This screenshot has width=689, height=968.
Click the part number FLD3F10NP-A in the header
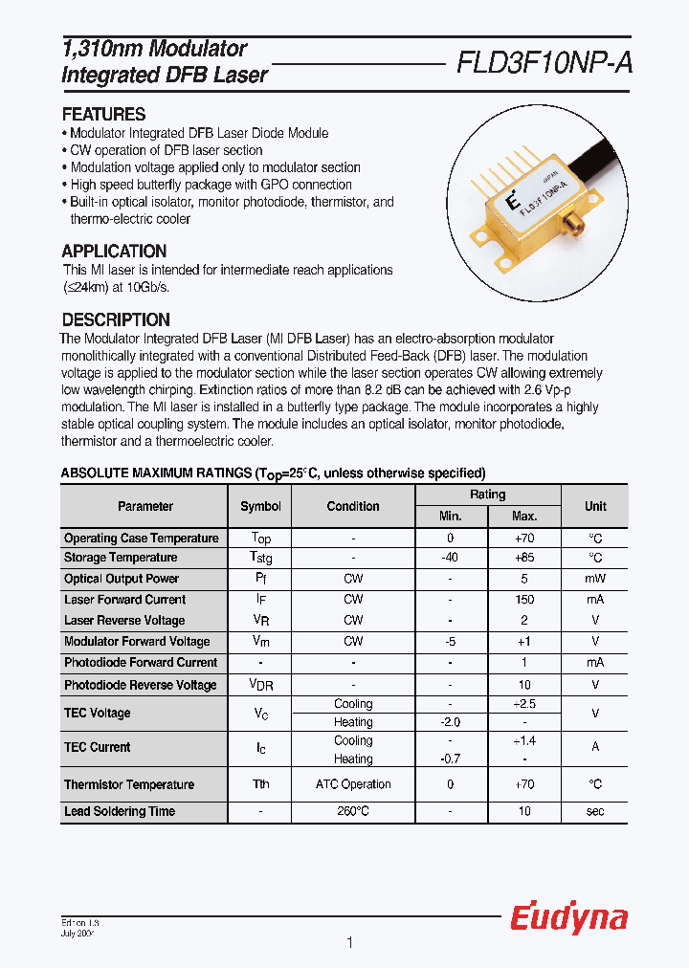[544, 63]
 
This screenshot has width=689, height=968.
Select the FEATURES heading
[103, 114]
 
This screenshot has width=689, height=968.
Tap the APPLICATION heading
[114, 252]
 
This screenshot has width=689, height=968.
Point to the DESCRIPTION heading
[116, 320]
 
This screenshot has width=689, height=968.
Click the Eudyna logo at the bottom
[568, 918]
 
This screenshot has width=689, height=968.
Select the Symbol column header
[260, 506]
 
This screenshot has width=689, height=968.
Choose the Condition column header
[353, 506]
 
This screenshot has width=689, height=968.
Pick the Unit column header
[595, 506]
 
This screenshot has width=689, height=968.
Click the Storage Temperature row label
[121, 558]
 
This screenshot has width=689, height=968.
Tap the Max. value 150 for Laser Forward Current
[524, 600]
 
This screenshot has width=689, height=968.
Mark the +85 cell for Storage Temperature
[524, 558]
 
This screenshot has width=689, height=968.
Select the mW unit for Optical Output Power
[595, 579]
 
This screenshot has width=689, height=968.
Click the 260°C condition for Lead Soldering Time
[353, 811]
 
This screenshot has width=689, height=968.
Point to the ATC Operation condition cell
[353, 784]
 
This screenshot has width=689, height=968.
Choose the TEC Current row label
[98, 747]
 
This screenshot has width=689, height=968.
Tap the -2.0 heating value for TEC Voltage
[450, 722]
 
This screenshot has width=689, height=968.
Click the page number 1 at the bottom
[349, 943]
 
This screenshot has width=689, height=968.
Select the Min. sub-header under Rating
[450, 517]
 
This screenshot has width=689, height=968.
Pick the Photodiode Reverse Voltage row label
[141, 685]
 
